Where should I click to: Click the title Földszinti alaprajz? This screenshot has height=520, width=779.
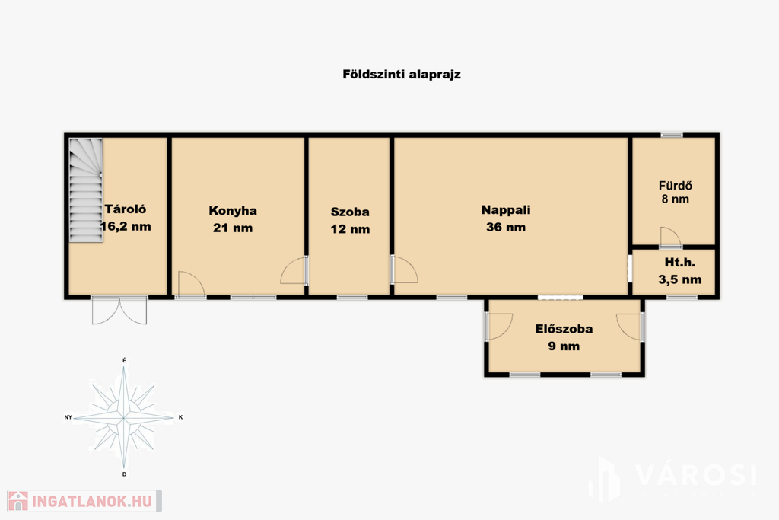tap(402, 75)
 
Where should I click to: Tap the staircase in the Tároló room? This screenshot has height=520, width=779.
tap(86, 190)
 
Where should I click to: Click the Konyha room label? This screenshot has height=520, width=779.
tap(233, 211)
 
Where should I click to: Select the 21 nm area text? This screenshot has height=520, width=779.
tap(233, 228)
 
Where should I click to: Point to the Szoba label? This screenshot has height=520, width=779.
tap(350, 212)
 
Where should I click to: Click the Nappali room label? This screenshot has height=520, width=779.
tap(506, 210)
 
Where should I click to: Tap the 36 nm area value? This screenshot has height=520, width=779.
tap(506, 227)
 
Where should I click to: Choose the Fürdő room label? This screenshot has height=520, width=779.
tap(676, 186)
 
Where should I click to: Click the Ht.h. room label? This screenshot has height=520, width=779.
tap(679, 263)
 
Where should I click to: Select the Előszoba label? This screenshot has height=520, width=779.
tap(564, 329)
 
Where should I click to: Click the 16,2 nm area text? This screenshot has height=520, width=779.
tap(126, 227)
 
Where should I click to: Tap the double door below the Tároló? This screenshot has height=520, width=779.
tap(119, 311)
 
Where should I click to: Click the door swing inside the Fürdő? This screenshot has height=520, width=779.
tap(671, 237)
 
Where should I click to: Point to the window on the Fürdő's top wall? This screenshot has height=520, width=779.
tap(672, 135)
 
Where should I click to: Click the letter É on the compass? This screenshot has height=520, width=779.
tap(124, 360)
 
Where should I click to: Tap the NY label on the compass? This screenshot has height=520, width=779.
tap(68, 417)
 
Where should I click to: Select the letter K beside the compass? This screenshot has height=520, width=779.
tap(180, 417)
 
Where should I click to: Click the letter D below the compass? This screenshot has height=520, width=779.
tap(124, 474)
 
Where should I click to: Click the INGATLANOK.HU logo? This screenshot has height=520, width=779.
tap(84, 501)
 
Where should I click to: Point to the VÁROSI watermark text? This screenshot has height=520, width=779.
tap(695, 475)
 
